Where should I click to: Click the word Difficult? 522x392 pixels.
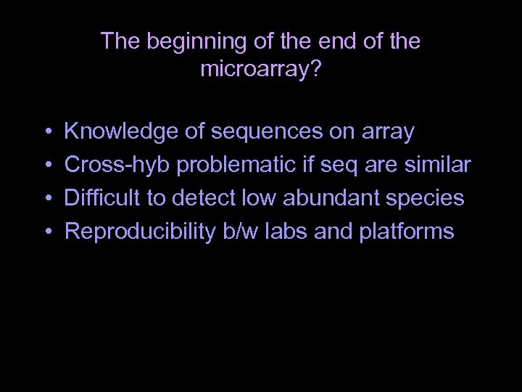click(99, 198)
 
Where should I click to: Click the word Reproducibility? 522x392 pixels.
click(138, 232)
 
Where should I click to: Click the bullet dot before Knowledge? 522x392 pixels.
click(46, 134)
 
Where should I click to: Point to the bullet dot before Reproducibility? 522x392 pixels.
click(46, 233)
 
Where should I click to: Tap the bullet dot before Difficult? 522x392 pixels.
click(46, 200)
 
